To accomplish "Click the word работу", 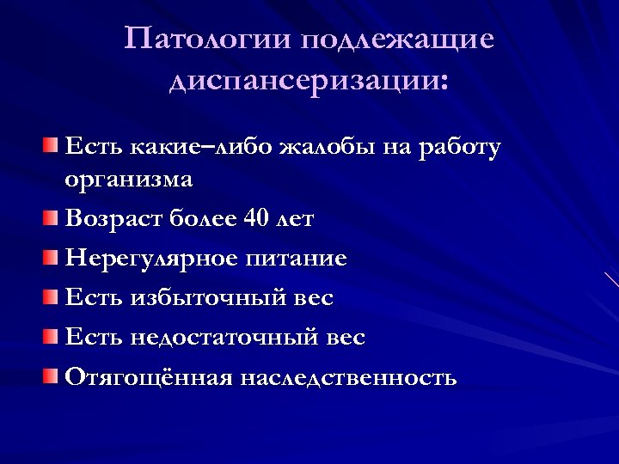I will click(457, 148).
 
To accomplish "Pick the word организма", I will click(129, 181).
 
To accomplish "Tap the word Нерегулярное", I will click(152, 259).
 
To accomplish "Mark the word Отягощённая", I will click(149, 378).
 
